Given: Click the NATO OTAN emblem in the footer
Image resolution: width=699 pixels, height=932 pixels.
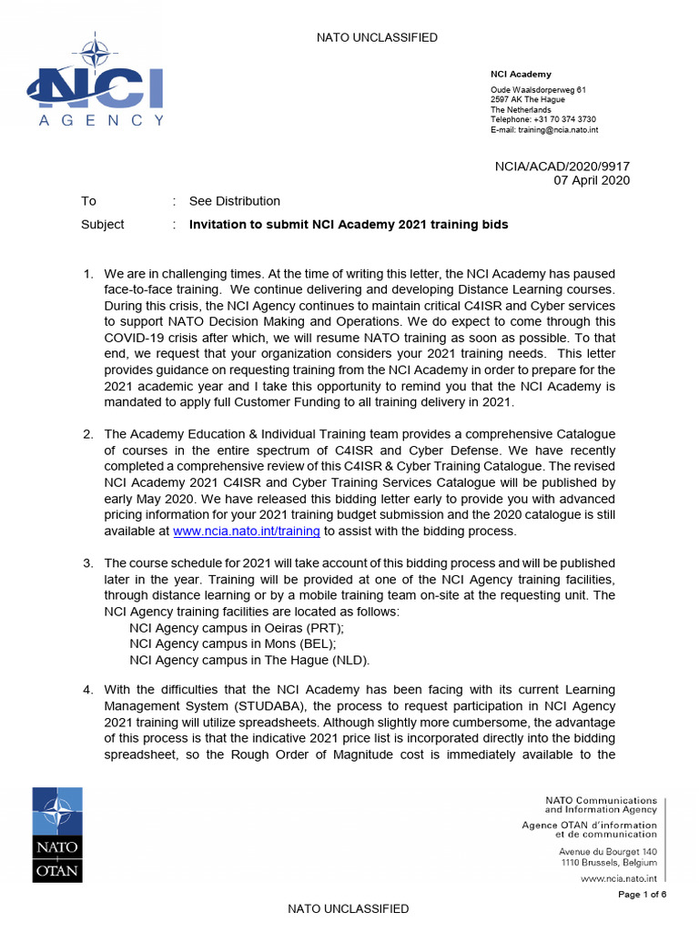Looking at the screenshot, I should [x=57, y=835].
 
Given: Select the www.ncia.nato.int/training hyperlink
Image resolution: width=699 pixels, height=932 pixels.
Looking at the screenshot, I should [x=247, y=531].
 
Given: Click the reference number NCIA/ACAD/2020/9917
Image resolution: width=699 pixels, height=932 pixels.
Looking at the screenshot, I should [x=562, y=166].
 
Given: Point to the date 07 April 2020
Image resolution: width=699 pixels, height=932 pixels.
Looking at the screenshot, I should [x=592, y=180].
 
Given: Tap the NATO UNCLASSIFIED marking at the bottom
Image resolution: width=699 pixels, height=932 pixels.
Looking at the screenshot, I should [x=349, y=908].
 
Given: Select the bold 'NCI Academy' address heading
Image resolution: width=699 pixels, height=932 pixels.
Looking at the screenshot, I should [x=522, y=75].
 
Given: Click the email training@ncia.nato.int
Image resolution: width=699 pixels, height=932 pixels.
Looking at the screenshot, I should [x=544, y=130].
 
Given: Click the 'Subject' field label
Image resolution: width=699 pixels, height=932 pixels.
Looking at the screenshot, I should [x=103, y=224].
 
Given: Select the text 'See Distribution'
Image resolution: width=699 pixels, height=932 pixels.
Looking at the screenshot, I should [x=235, y=201].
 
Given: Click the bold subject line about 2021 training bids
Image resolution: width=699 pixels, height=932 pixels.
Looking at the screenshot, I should [x=349, y=224].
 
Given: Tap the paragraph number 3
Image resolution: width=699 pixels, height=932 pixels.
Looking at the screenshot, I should [x=88, y=563].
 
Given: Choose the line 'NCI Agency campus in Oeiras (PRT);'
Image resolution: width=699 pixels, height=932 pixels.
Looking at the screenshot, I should [x=237, y=628].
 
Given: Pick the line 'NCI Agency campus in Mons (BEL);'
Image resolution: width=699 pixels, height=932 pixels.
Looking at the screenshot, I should [x=232, y=643].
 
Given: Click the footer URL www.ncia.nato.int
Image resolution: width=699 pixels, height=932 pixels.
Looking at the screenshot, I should [x=618, y=878].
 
